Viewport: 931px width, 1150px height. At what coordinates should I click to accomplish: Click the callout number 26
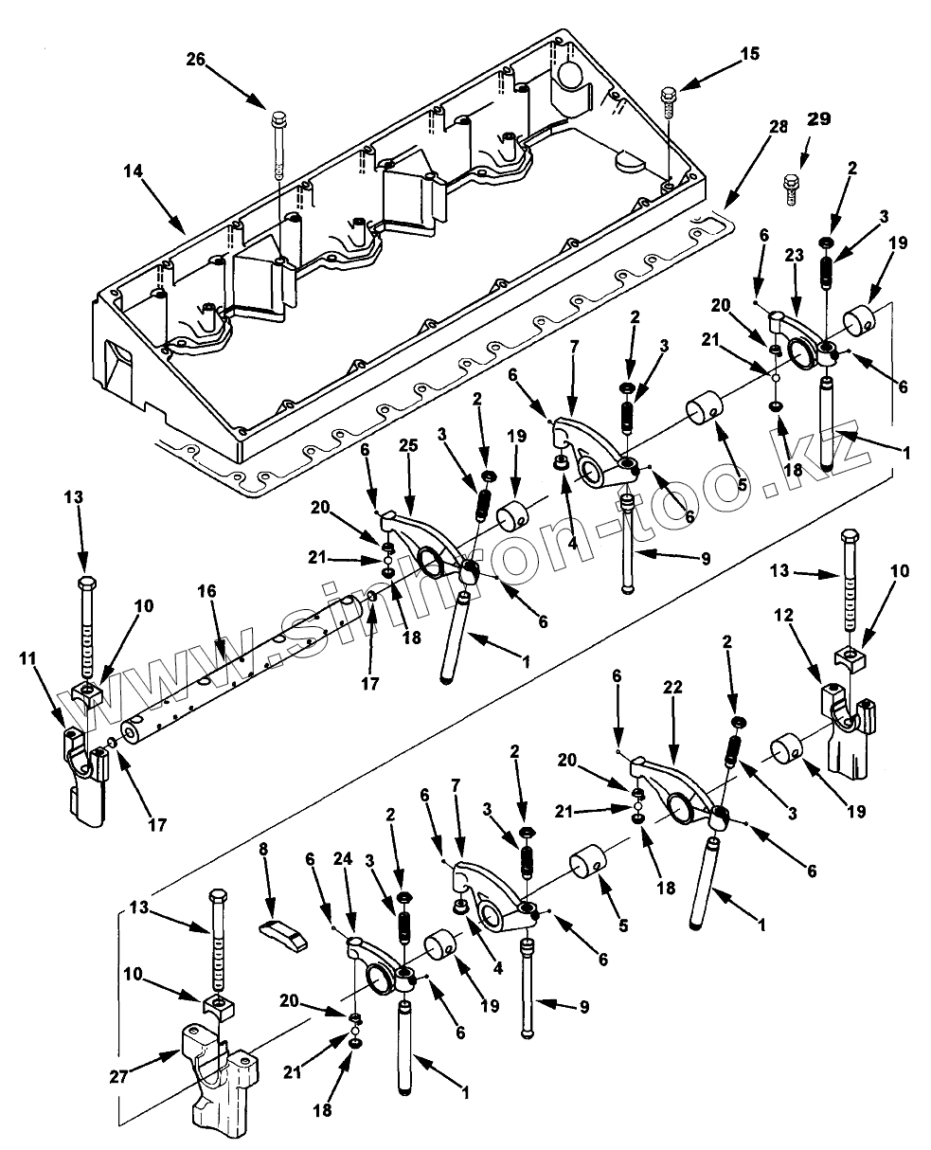[x=196, y=59]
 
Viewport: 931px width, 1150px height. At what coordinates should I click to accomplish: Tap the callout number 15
[x=749, y=55]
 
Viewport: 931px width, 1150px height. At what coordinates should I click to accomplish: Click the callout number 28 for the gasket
[x=779, y=127]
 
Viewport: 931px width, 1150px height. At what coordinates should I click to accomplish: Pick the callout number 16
[x=207, y=591]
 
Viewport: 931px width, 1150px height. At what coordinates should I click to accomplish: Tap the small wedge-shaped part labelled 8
[x=283, y=933]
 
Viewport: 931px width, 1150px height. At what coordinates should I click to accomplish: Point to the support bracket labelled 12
[x=845, y=729]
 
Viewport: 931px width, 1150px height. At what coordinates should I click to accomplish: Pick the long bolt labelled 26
[x=279, y=147]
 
